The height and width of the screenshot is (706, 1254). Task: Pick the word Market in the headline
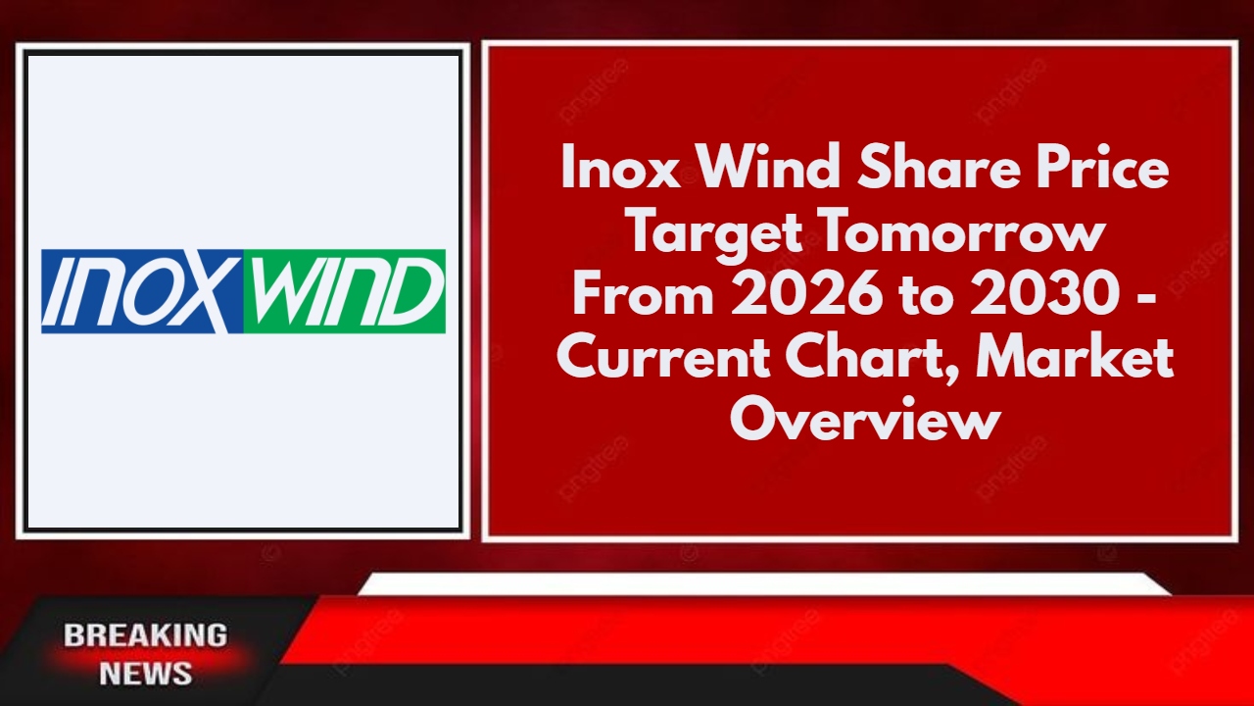(1083, 359)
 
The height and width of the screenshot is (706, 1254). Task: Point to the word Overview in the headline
(865, 422)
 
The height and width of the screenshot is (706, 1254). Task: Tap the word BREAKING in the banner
(145, 635)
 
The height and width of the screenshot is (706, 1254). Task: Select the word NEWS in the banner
(145, 674)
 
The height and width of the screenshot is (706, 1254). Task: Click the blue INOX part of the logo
(137, 291)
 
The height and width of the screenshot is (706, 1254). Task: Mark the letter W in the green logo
(276, 291)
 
